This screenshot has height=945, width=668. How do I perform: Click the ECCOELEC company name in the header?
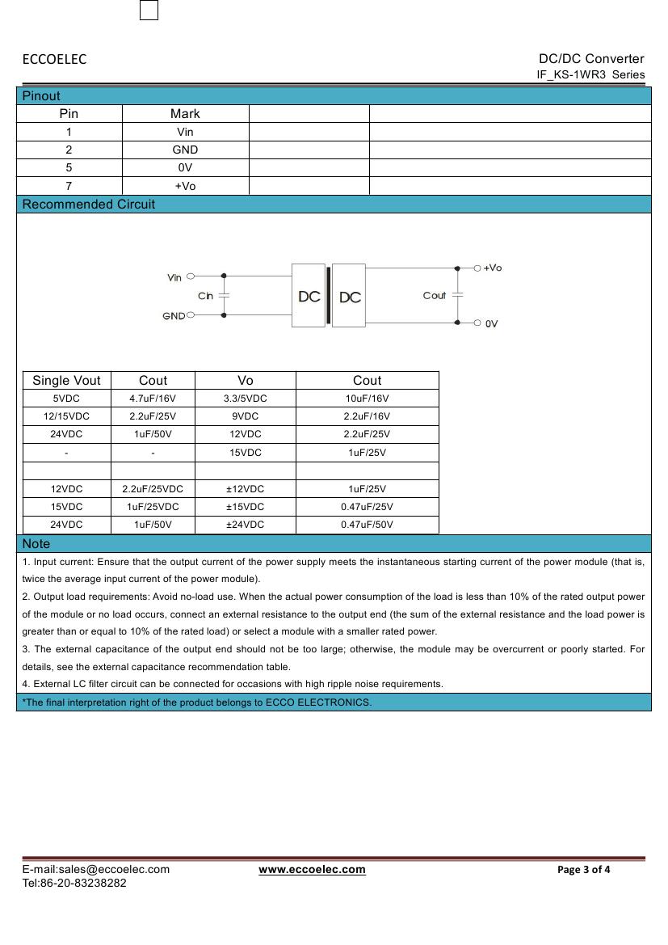tap(54, 59)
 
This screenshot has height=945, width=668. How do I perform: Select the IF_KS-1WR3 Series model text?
tap(590, 74)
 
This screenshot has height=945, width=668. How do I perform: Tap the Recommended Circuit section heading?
tap(88, 205)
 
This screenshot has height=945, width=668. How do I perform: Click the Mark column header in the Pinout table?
tap(185, 114)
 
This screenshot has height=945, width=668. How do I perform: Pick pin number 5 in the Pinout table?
tap(69, 168)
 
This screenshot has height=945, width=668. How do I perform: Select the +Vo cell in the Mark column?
tap(185, 186)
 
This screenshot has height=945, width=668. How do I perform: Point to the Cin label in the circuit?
tap(206, 296)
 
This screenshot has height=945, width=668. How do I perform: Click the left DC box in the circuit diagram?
tap(309, 297)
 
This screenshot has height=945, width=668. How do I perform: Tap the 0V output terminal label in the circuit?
tap(491, 323)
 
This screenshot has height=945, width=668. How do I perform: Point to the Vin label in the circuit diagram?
tap(174, 277)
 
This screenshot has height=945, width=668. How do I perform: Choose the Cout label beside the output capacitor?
tap(435, 295)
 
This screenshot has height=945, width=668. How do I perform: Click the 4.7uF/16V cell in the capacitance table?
tap(153, 399)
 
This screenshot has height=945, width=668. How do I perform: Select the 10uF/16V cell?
tap(367, 399)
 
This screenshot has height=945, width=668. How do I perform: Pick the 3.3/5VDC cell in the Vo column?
tap(246, 399)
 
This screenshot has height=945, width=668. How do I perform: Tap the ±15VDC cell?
tap(246, 507)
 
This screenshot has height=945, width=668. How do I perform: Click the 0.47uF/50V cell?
tap(367, 525)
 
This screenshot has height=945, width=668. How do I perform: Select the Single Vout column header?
tap(66, 381)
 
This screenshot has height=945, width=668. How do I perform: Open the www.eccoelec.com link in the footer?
tap(312, 870)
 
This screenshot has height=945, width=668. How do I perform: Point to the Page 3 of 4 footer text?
tap(583, 870)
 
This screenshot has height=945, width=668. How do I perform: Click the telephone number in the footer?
tap(74, 883)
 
